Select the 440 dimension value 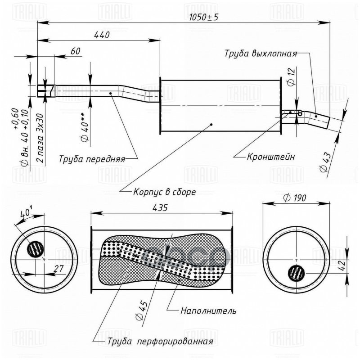[x=102, y=35]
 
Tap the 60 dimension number [x=75, y=51]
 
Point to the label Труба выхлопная [x=261, y=53]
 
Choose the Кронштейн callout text [x=271, y=157]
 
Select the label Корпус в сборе [x=164, y=191]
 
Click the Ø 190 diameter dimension [x=295, y=198]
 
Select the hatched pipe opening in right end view [x=296, y=273]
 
